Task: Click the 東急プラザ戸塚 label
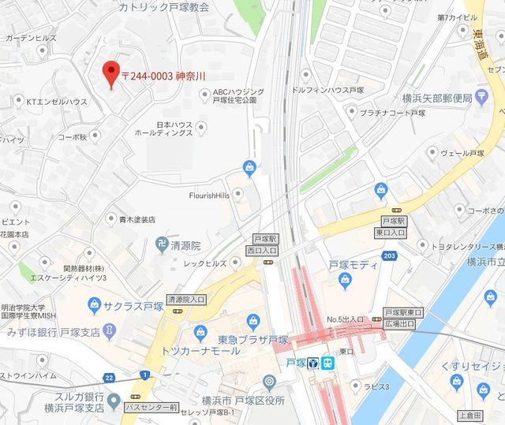click(252, 340)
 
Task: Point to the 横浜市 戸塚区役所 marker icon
click(269, 382)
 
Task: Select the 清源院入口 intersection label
click(186, 300)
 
